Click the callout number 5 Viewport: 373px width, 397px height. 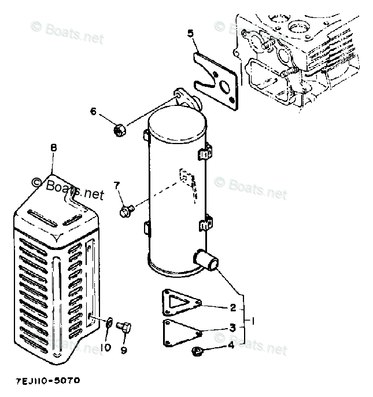coord(190,33)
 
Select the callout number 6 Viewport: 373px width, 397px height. coord(93,112)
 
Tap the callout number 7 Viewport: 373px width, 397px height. coord(116,186)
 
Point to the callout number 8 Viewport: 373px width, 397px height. coord(53,148)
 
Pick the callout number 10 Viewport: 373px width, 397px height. coord(106,348)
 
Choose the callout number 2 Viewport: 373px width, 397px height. coord(232,307)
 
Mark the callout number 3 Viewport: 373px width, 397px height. coord(232,328)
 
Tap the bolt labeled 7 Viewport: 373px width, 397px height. coord(127,210)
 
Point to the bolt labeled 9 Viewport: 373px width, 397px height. coord(124,328)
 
